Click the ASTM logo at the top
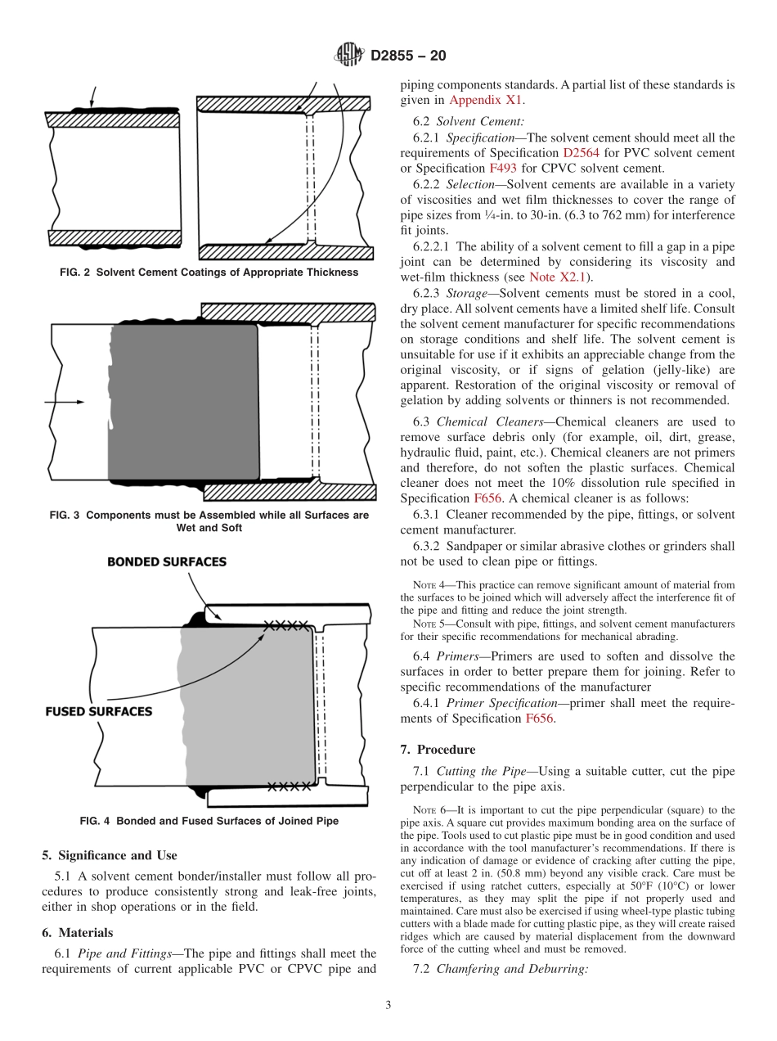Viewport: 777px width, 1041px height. pyautogui.click(x=350, y=56)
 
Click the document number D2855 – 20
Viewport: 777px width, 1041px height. pyautogui.click(x=408, y=56)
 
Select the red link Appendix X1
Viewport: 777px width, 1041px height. pyautogui.click(x=486, y=100)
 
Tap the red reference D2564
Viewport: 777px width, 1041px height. pyautogui.click(x=582, y=153)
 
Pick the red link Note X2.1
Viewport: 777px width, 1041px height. pyautogui.click(x=555, y=277)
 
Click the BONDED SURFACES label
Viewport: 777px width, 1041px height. pyautogui.click(x=167, y=562)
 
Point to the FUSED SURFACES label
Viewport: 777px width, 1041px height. pyautogui.click(x=98, y=711)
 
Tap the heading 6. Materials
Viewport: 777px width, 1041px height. pyautogui.click(x=78, y=932)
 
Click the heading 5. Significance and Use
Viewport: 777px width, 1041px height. pyautogui.click(x=109, y=855)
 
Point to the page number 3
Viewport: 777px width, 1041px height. pyautogui.click(x=388, y=1005)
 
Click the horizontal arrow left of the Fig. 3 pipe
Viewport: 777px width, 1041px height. pyautogui.click(x=67, y=402)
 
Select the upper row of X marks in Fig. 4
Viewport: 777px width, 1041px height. pyautogui.click(x=285, y=625)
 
